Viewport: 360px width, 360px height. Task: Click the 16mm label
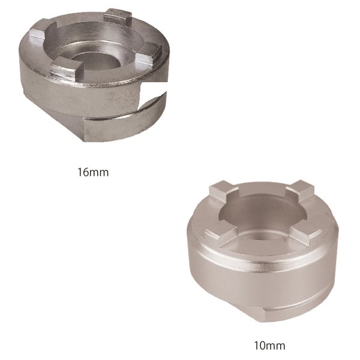tap(93, 172)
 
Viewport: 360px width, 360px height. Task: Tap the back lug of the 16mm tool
tap(118, 17)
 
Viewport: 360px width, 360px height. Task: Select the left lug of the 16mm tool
tap(38, 32)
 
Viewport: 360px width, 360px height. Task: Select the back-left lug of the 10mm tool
tap(223, 190)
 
